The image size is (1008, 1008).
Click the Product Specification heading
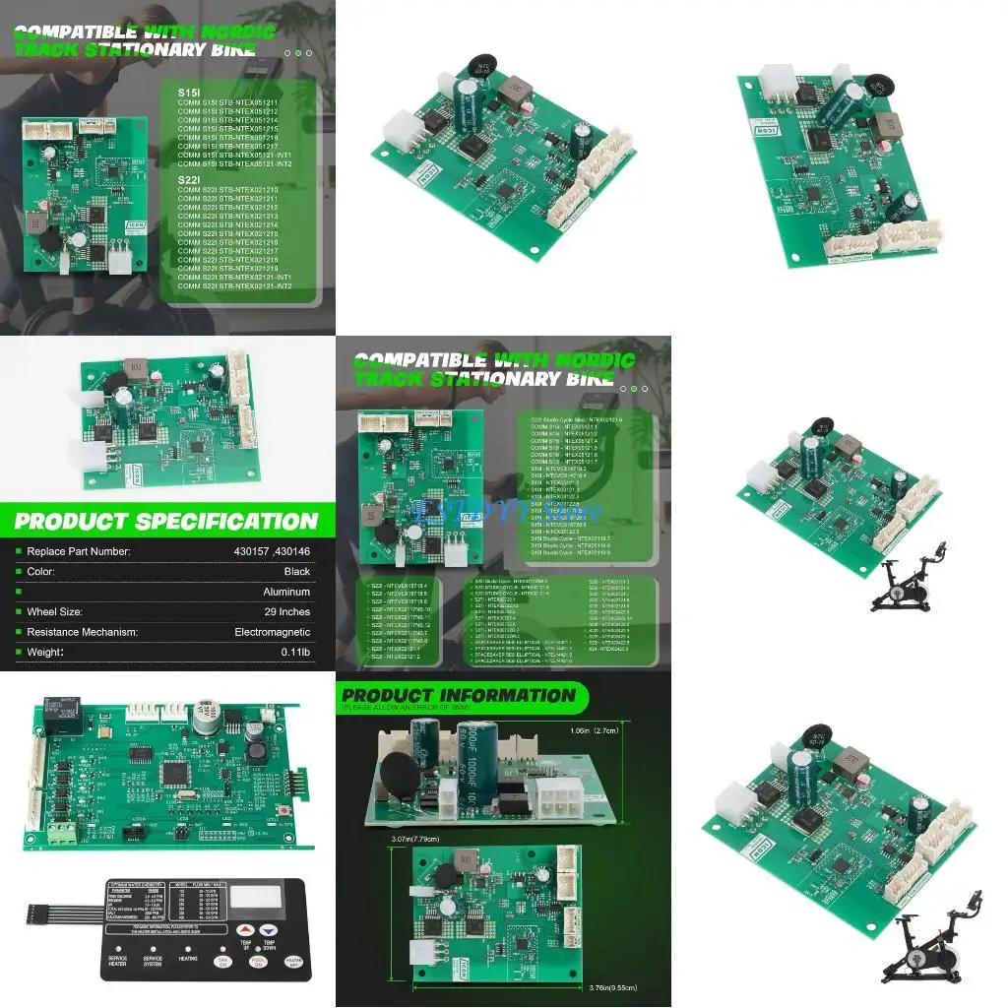pyautogui.click(x=166, y=521)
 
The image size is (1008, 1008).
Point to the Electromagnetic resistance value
pyautogui.click(x=272, y=632)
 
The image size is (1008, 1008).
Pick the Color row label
pyautogui.click(x=41, y=571)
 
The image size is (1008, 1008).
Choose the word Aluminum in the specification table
pyautogui.click(x=286, y=592)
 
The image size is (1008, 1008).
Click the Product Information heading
pyautogui.click(x=458, y=695)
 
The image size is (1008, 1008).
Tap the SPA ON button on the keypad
pyautogui.click(x=225, y=960)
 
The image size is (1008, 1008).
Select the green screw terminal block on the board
pyautogui.click(x=62, y=833)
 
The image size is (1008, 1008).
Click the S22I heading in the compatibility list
pyautogui.click(x=188, y=179)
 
